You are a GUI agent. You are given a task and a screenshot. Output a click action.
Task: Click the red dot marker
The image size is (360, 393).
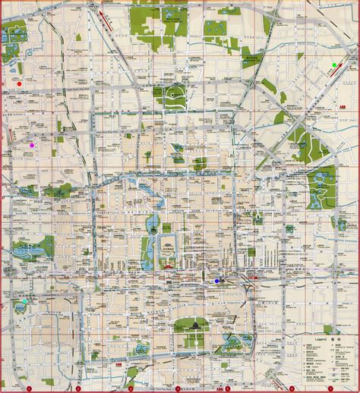tap(20, 84)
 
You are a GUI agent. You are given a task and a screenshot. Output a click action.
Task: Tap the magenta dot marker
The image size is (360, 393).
tap(31, 144)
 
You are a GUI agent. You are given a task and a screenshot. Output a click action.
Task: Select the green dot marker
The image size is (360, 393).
tap(333, 64)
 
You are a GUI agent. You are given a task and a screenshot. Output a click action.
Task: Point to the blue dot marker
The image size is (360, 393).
tap(217, 280)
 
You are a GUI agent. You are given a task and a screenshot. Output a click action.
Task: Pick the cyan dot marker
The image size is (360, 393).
tap(24, 301)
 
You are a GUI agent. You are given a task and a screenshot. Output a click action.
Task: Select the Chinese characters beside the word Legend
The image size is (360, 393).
tap(332, 332)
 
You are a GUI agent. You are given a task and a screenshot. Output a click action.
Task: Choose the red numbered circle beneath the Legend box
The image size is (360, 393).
tap(332, 388)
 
